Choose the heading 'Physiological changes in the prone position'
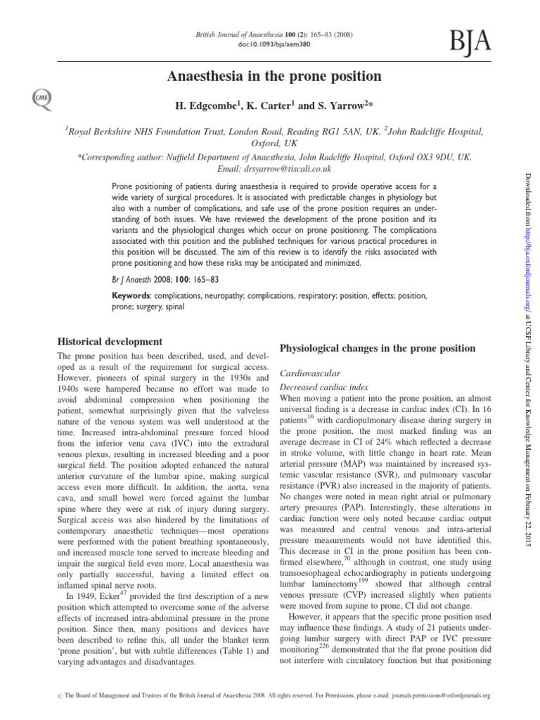coord(378,349)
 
